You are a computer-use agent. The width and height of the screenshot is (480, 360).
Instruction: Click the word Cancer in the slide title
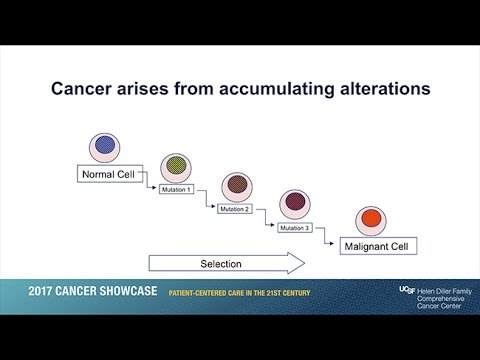click(85, 89)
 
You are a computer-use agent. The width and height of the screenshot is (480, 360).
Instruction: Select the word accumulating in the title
click(255, 89)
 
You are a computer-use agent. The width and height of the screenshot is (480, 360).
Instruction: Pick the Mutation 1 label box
click(175, 189)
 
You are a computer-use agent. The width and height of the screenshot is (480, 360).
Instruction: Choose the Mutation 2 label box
click(234, 208)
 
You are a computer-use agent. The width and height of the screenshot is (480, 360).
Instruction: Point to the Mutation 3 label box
click(294, 227)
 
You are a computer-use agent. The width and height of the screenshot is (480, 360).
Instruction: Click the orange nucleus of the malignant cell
click(369, 219)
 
